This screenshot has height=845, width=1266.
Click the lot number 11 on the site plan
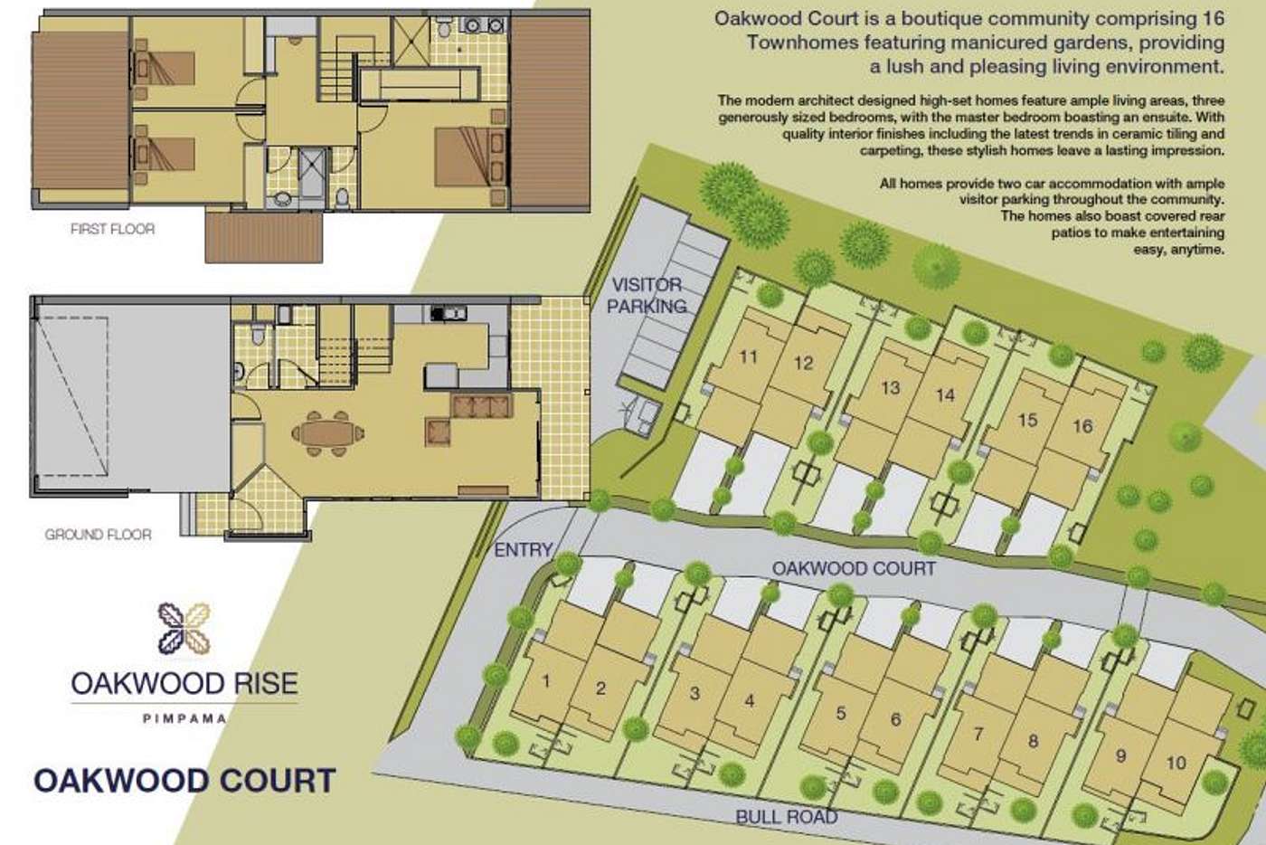749,356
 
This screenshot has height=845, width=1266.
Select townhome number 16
1082,426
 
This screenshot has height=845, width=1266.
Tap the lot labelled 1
546,681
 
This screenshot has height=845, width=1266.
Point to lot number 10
1176,763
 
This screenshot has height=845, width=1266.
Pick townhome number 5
841,713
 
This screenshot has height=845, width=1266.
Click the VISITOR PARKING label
647,295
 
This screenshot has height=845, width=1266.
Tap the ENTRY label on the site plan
524,550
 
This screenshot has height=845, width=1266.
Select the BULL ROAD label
787,817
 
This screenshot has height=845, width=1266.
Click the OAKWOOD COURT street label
854,568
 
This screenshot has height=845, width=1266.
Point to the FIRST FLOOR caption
112,229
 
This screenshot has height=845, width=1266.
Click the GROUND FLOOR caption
99,535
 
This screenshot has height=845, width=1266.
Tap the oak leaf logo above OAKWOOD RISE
184,629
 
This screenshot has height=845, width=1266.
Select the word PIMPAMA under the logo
184,719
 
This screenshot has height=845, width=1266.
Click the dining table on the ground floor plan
327,433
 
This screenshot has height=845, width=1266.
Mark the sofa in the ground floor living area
482,406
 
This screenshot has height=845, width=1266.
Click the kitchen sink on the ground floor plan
449,312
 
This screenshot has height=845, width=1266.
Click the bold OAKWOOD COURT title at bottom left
185,781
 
